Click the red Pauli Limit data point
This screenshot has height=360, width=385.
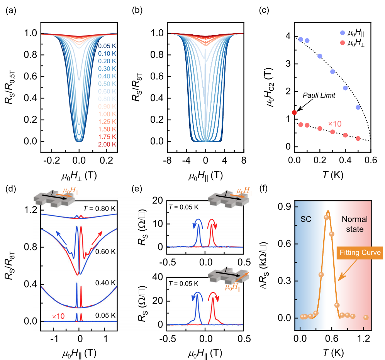coord(294,112)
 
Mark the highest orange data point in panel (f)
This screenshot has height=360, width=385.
coord(326,217)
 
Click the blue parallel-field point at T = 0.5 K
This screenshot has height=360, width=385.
coord(358,107)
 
